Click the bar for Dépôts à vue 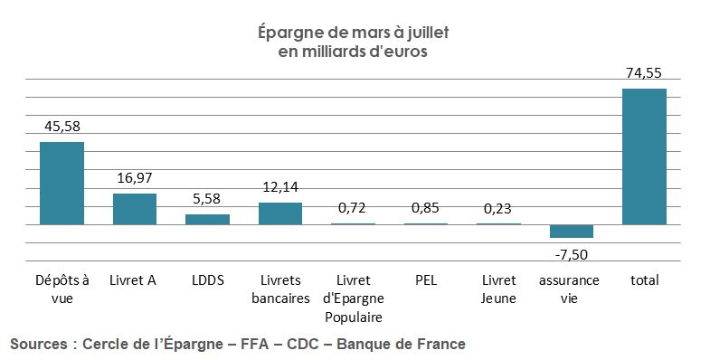click(x=62, y=183)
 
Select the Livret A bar click(x=135, y=209)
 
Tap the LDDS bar click(x=207, y=219)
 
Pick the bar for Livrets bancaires click(x=280, y=213)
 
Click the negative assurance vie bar click(x=572, y=231)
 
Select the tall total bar click(x=644, y=156)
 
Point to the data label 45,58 click(x=62, y=126)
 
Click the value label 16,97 click(x=135, y=177)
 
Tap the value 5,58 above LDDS click(x=207, y=198)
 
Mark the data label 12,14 click(x=280, y=187)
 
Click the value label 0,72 click(x=353, y=208)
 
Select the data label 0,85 click(x=426, y=208)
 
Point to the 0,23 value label click(x=498, y=208)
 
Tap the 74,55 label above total click(x=644, y=73)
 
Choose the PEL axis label click(x=426, y=280)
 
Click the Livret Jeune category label click(x=498, y=289)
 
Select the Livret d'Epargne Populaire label click(x=353, y=298)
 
